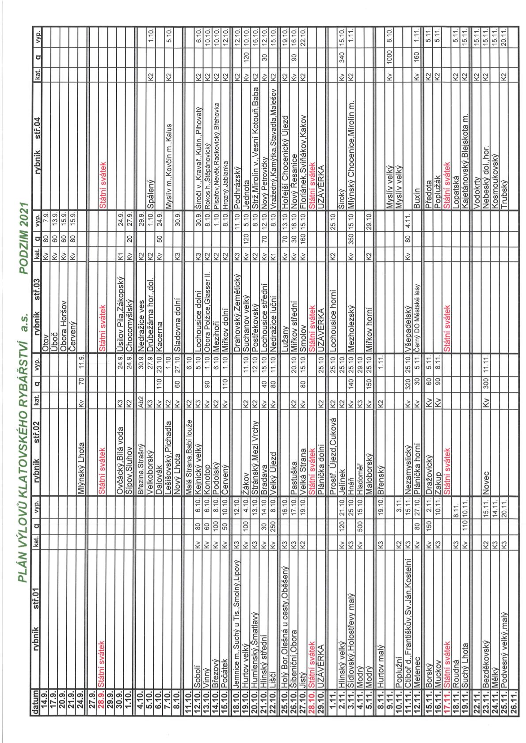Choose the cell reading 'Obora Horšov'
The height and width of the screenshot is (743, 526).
click(63, 326)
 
